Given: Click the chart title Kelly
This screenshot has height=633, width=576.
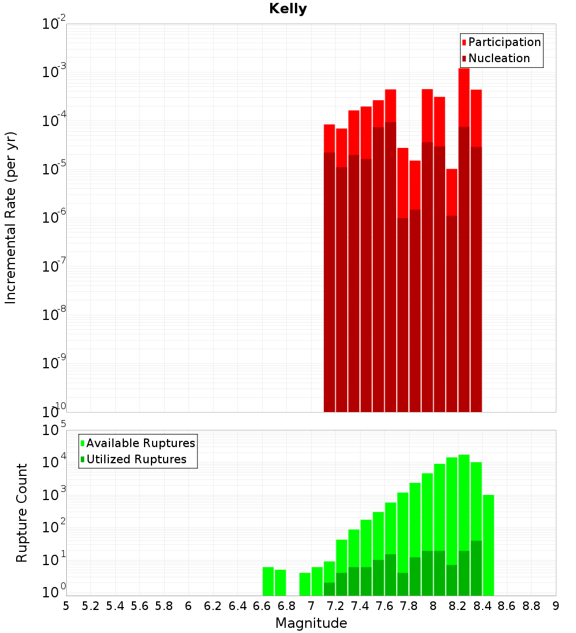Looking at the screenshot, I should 288,9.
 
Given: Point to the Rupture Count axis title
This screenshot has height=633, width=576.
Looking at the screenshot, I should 22,513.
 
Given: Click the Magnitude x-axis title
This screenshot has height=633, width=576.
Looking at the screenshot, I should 311,623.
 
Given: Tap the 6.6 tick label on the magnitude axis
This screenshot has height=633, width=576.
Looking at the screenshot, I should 262,606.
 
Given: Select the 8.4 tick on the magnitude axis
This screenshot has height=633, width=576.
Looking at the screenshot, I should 483,606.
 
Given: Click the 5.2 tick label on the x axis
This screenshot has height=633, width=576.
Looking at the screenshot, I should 90,606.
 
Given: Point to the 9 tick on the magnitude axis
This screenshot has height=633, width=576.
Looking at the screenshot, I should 556,606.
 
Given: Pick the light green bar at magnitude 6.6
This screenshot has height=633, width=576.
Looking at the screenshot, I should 268,581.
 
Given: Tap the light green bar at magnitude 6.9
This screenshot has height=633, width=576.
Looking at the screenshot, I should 305,584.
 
